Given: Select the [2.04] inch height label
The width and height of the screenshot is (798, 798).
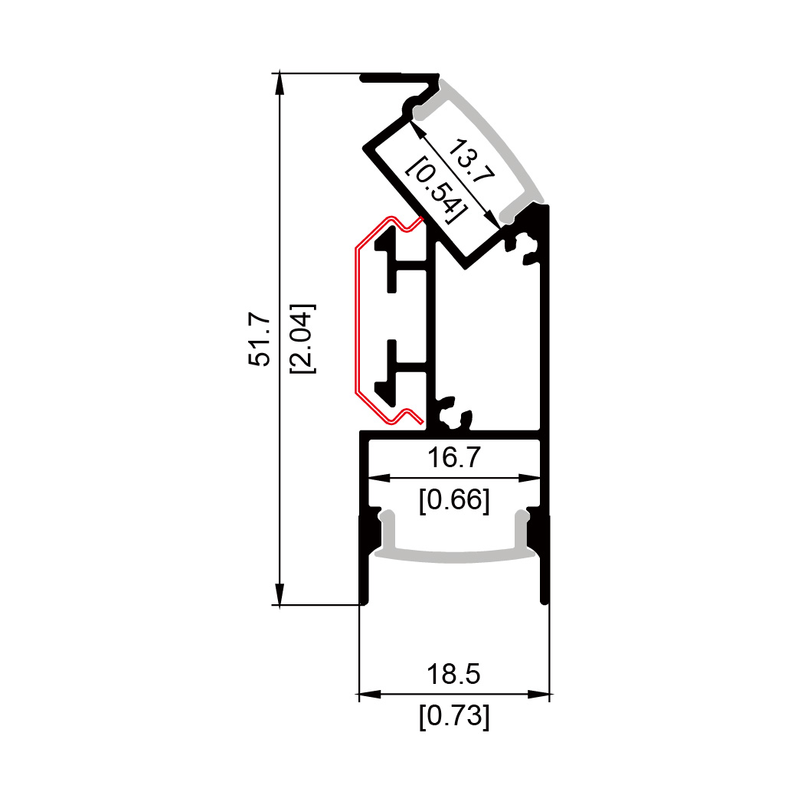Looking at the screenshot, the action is click(x=303, y=339).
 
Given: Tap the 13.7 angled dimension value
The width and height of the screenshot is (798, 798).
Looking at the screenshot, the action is click(x=471, y=160).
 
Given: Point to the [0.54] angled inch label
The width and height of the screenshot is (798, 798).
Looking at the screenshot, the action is click(x=437, y=189).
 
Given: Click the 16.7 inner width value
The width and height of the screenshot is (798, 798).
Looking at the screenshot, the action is click(x=454, y=457).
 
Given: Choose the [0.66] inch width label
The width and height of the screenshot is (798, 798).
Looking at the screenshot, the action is click(x=454, y=500).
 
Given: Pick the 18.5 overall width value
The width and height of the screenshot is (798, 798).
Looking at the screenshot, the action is click(x=453, y=674).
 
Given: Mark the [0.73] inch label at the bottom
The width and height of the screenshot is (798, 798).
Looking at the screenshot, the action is click(x=454, y=716).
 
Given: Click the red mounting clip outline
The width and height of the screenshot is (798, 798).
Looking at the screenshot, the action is click(x=356, y=321).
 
